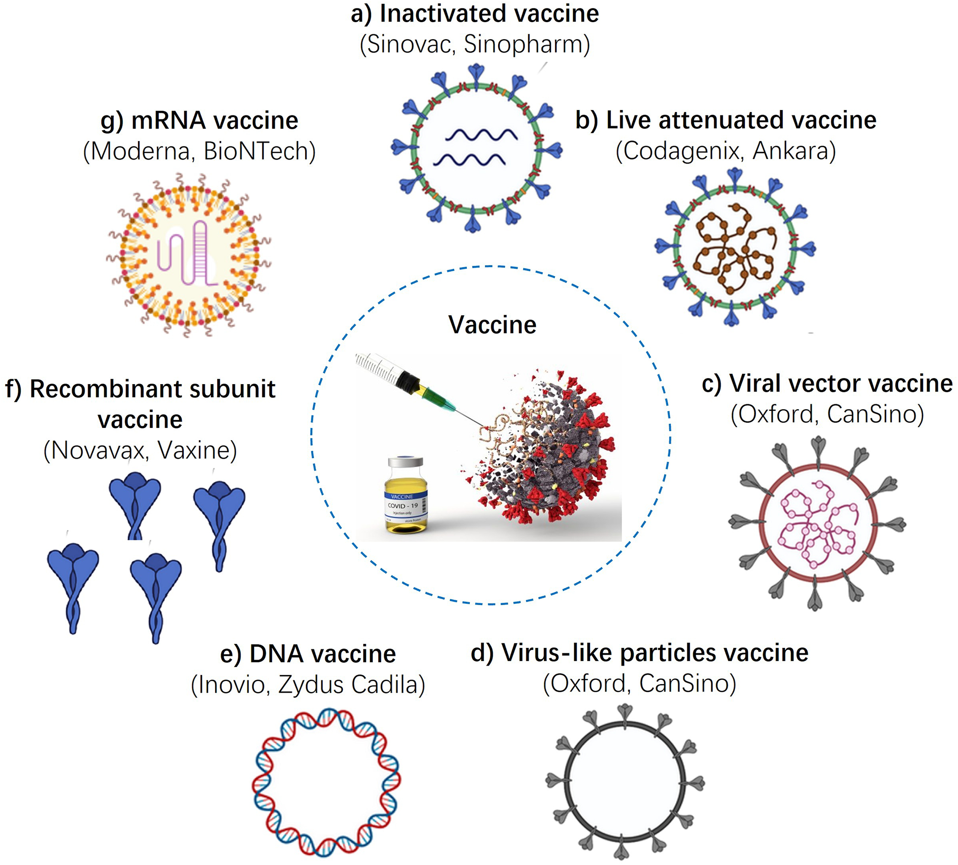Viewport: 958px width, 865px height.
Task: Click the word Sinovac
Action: [409, 45]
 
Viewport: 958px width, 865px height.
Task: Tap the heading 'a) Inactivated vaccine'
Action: [475, 13]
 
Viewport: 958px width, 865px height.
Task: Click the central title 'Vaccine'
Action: [492, 325]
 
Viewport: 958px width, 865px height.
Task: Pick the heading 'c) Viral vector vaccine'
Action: [827, 384]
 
